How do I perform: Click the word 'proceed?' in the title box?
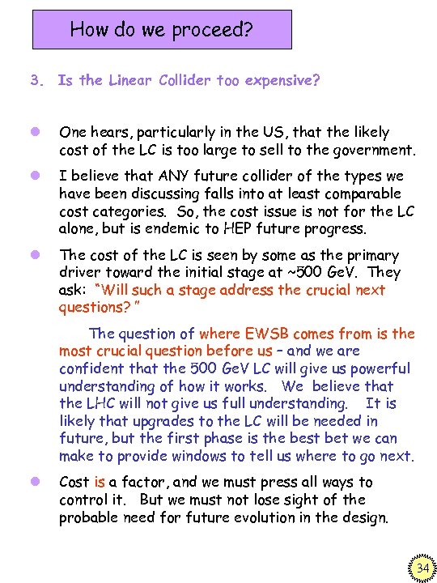tap(211, 32)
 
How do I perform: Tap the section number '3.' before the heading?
tap(36, 80)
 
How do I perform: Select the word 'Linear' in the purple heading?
tap(132, 80)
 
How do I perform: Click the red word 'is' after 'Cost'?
tap(100, 483)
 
